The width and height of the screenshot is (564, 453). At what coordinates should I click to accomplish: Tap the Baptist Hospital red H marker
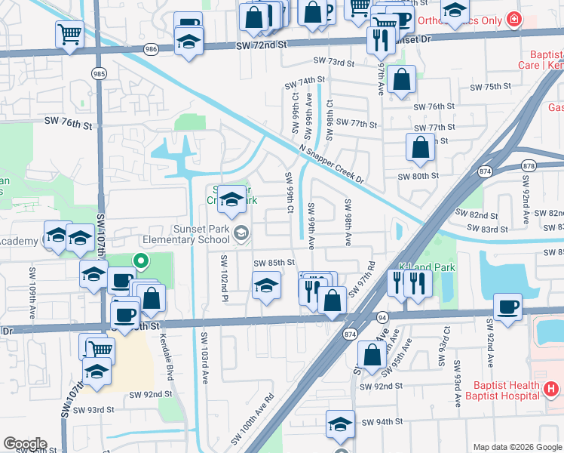tap(551, 390)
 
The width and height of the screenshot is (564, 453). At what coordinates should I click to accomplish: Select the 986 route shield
tap(152, 49)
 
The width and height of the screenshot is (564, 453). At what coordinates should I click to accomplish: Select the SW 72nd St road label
tap(262, 45)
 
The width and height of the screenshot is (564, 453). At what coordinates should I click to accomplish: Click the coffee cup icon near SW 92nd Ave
tap(508, 307)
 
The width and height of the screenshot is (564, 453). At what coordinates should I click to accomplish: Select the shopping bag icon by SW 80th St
tap(420, 149)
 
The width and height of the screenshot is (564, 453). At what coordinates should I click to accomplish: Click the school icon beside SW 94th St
tap(341, 425)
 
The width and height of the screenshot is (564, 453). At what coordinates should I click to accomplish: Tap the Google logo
tap(25, 444)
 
